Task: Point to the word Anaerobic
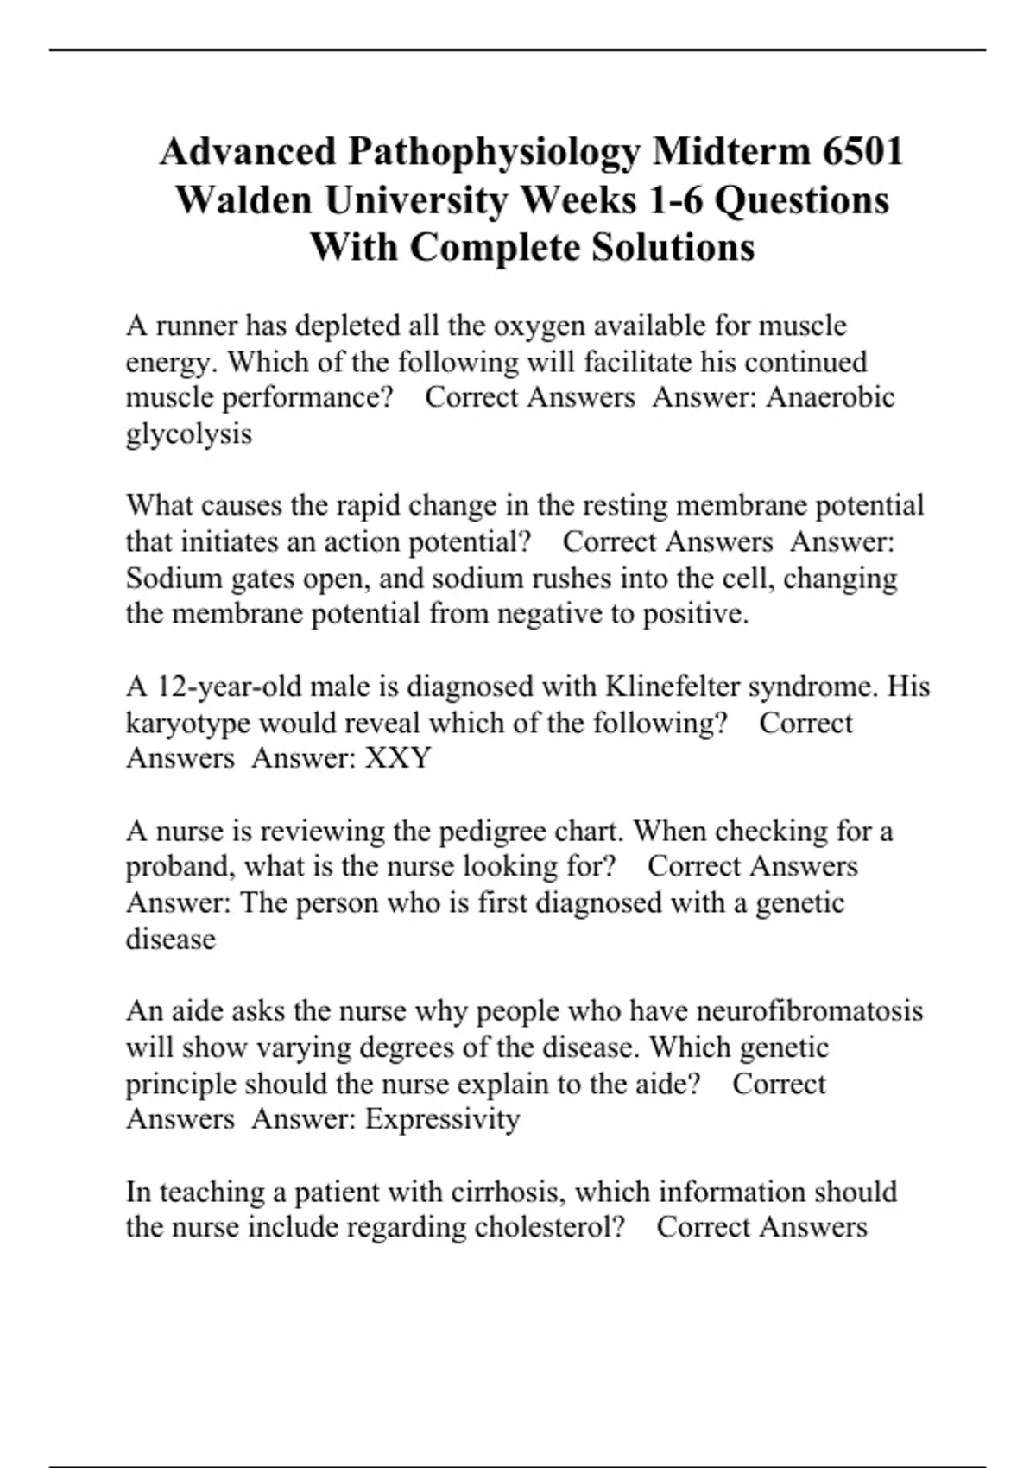(831, 397)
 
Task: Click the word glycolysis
(189, 434)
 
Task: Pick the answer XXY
(398, 758)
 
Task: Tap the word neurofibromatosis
(809, 1010)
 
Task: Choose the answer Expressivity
(442, 1119)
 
